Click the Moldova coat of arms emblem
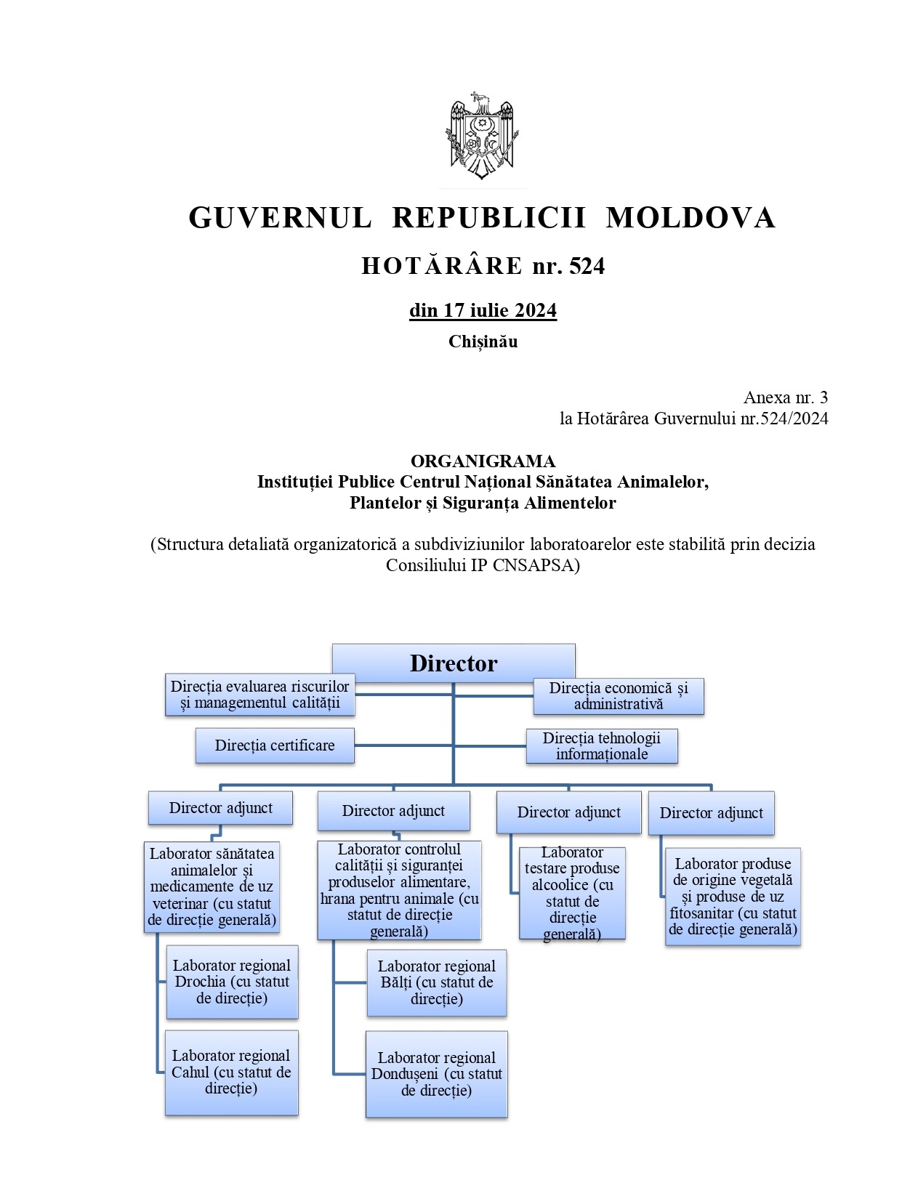tap(480, 136)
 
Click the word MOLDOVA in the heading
tap(690, 218)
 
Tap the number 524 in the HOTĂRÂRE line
tap(587, 267)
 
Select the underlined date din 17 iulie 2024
tap(483, 310)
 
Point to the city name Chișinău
tap(483, 342)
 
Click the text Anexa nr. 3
tap(785, 397)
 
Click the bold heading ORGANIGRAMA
tap(483, 461)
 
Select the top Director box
tap(454, 663)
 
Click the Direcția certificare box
tap(275, 745)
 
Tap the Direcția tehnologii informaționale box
tap(602, 746)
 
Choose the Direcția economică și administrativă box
tap(619, 696)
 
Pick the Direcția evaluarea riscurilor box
tap(260, 695)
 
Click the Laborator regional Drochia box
tap(232, 982)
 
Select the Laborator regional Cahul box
tap(231, 1072)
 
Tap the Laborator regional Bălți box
tap(436, 982)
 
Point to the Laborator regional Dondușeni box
tap(436, 1074)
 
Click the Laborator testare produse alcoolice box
tap(572, 893)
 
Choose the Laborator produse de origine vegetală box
tap(733, 896)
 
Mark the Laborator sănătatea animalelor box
tap(212, 886)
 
